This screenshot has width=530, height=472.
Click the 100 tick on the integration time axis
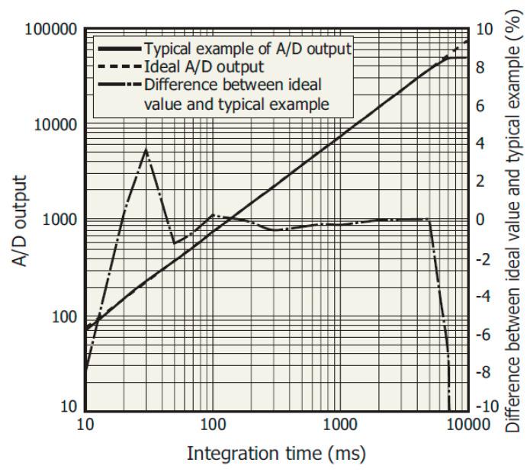click(x=212, y=424)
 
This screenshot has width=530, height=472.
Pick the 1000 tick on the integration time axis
click(x=339, y=424)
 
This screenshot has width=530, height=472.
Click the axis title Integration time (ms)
click(x=276, y=454)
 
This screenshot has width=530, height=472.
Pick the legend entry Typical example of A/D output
click(x=247, y=50)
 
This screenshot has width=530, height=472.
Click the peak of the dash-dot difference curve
click(x=146, y=149)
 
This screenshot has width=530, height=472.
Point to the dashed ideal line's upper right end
click(x=467, y=40)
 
